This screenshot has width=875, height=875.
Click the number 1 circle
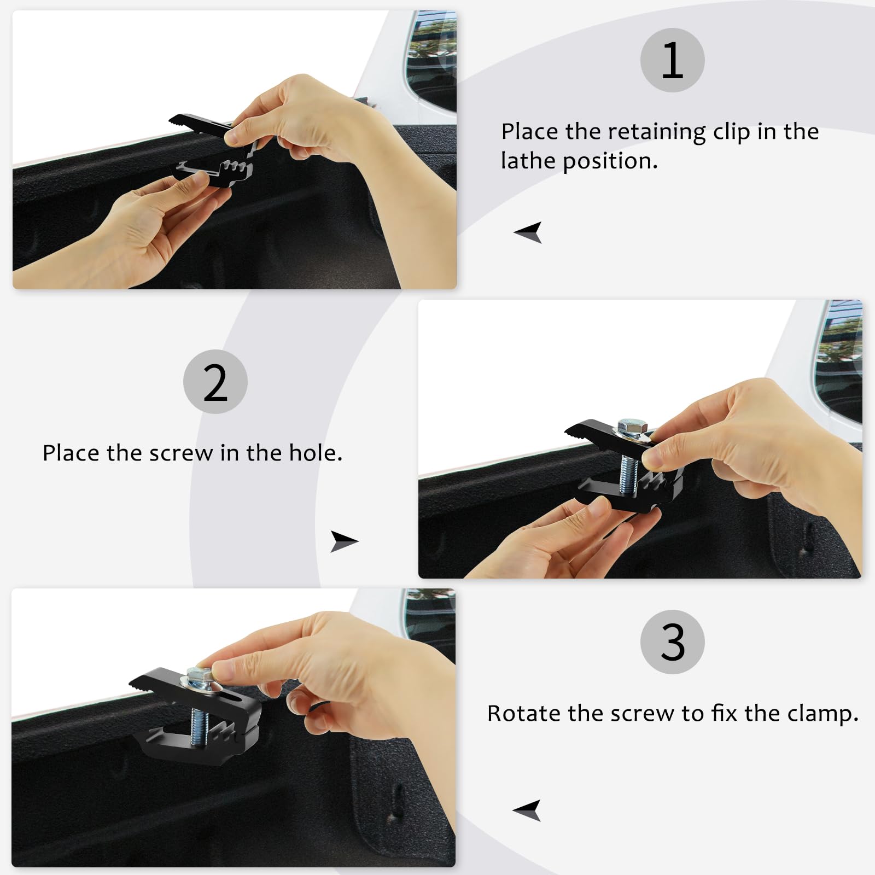(x=672, y=60)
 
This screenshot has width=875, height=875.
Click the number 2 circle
(x=215, y=382)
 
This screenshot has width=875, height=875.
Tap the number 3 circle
(x=672, y=642)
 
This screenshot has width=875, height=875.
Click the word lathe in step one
(x=528, y=161)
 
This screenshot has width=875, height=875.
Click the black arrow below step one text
(x=528, y=232)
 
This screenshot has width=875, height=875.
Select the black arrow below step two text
(x=343, y=541)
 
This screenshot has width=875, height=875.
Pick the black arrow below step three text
(x=527, y=810)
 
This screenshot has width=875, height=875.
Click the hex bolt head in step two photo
(x=632, y=427)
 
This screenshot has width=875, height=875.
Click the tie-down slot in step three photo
(x=398, y=804)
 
